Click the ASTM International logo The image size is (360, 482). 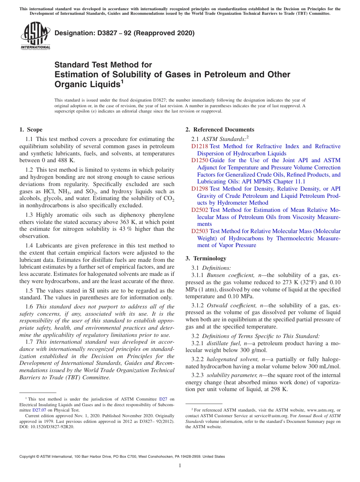[x=35, y=36]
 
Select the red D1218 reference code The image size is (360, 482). [x=199, y=146]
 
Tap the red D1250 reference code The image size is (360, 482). [x=199, y=160]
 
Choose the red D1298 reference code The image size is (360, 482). [x=199, y=189]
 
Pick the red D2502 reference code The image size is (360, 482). [x=199, y=210]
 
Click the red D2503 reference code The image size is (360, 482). [x=199, y=231]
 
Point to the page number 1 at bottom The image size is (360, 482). [x=180, y=465]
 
